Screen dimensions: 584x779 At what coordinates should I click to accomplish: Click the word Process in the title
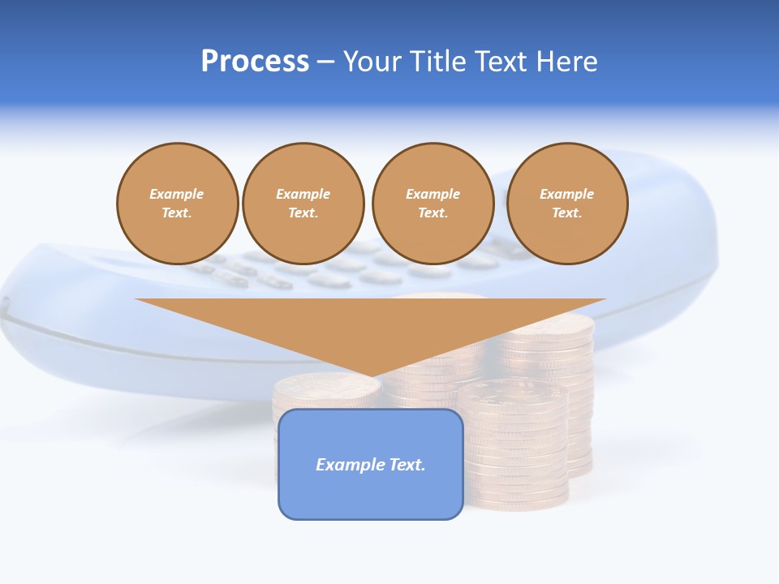255,62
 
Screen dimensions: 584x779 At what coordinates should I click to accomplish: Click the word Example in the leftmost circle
177,194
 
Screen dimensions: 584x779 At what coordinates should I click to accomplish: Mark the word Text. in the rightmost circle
566,213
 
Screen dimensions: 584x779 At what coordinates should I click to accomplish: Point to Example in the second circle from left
303,194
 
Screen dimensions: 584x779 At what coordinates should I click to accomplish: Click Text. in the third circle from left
433,213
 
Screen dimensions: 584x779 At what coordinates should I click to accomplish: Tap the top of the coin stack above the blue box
326,386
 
